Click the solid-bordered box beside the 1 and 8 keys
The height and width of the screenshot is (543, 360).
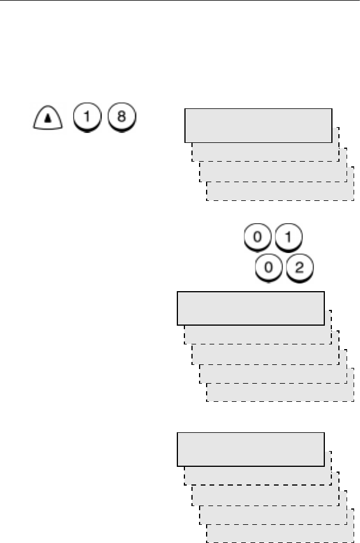[x=258, y=125]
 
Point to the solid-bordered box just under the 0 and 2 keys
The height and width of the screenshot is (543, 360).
[x=251, y=308]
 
